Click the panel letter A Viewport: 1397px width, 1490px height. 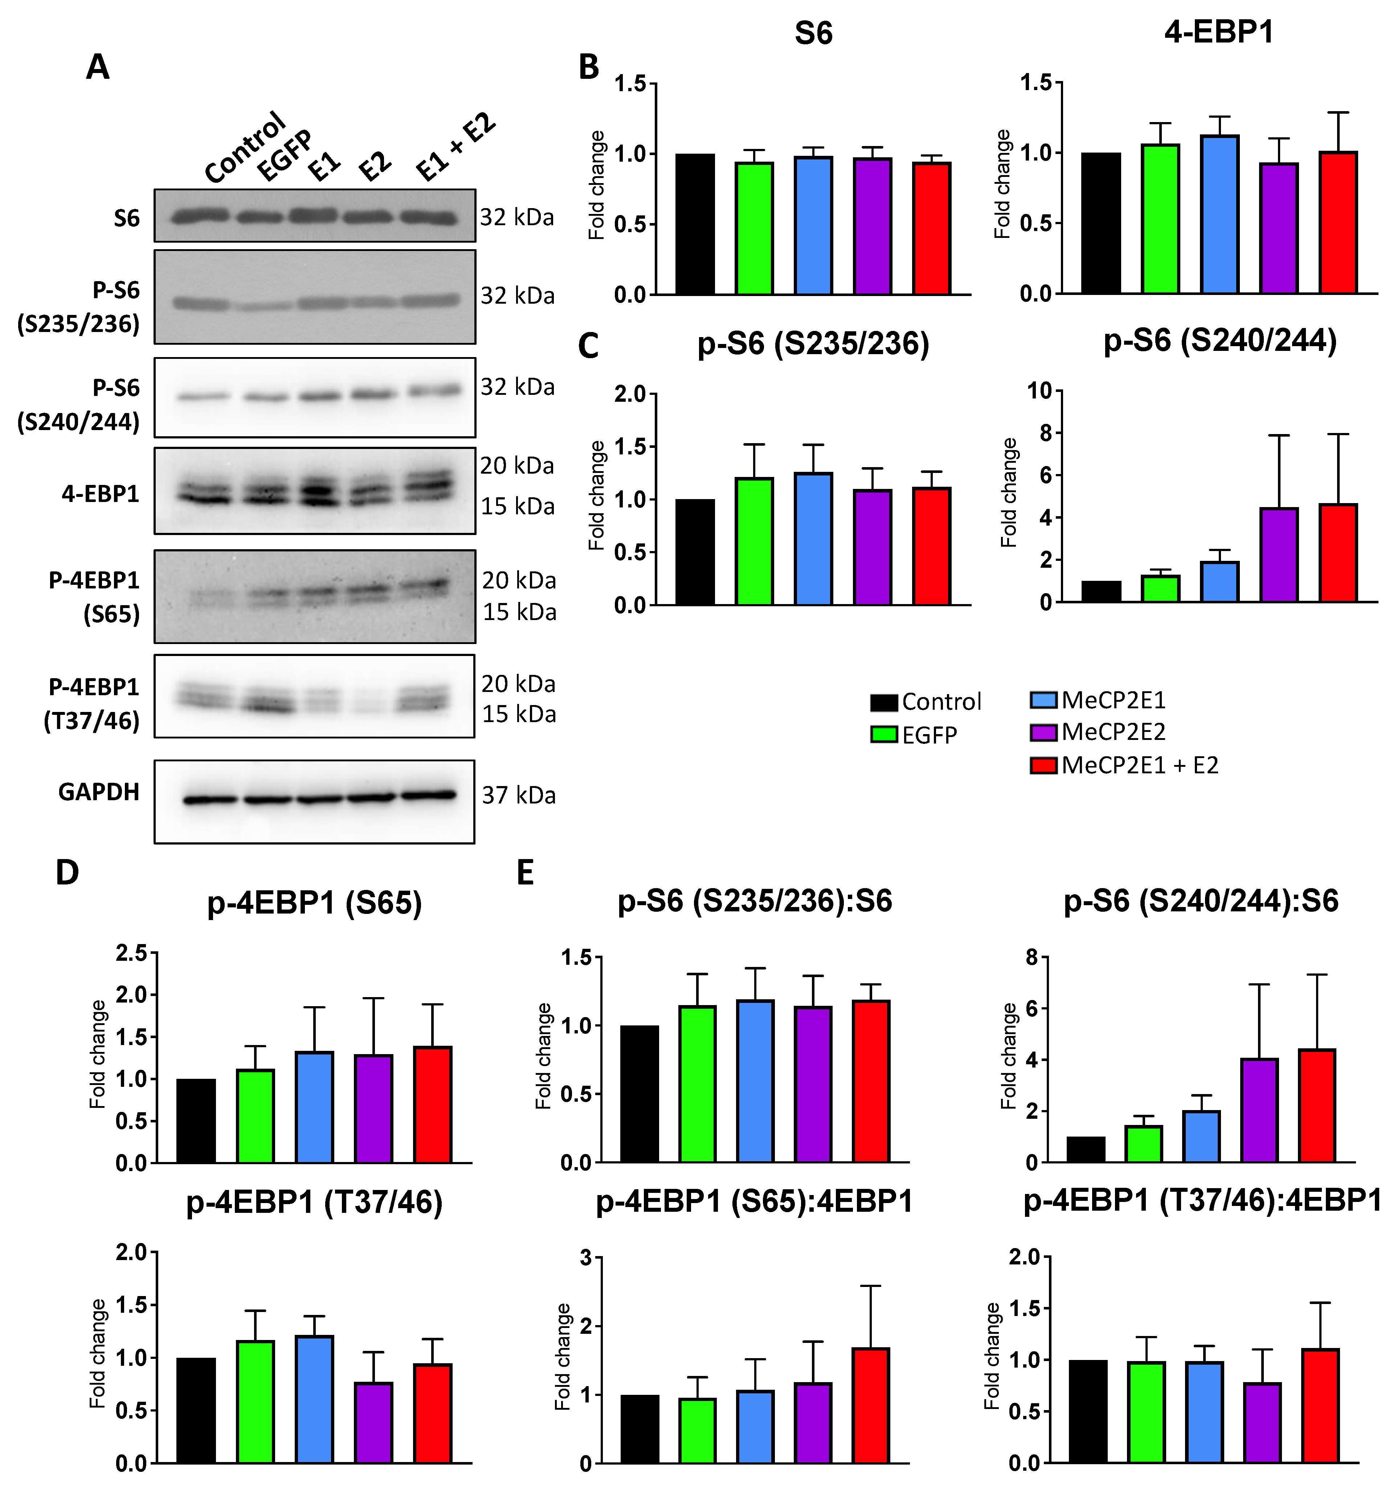click(x=98, y=68)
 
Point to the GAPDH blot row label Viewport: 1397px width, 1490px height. click(x=99, y=792)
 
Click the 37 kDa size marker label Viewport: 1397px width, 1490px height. click(x=518, y=795)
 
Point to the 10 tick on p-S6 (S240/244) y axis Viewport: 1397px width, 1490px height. click(x=1040, y=390)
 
